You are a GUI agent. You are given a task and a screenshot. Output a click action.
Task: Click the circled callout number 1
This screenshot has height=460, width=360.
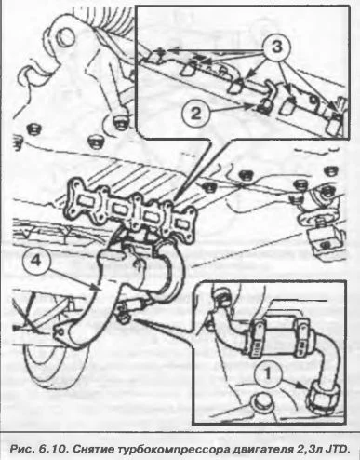pos(268,374)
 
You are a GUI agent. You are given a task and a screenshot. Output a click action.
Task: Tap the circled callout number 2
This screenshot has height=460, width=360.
pos(195,114)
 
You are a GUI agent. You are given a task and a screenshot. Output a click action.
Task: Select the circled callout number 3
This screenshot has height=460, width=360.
pos(276,48)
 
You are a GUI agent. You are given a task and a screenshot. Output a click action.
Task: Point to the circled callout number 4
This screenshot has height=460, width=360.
pos(35,261)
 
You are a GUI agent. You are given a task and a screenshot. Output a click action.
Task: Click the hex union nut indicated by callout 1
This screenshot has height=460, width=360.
pos(323,397)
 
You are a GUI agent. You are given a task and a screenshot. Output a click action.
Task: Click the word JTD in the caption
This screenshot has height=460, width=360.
pos(337,449)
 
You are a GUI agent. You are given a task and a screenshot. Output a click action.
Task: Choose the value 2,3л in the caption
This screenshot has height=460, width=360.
pos(307,449)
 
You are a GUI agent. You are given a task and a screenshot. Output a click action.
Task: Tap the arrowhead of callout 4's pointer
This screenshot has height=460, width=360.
pos(96,289)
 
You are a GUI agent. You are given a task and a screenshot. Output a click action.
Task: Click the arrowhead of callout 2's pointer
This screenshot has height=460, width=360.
pos(250,107)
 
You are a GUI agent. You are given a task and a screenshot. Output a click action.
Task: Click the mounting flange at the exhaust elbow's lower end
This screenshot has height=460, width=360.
pos(60,333)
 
